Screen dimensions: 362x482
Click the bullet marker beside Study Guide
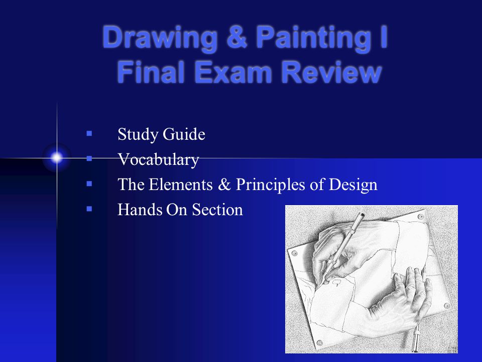point(89,134)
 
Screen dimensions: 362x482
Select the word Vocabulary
point(158,160)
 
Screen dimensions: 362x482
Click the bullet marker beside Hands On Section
point(89,207)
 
